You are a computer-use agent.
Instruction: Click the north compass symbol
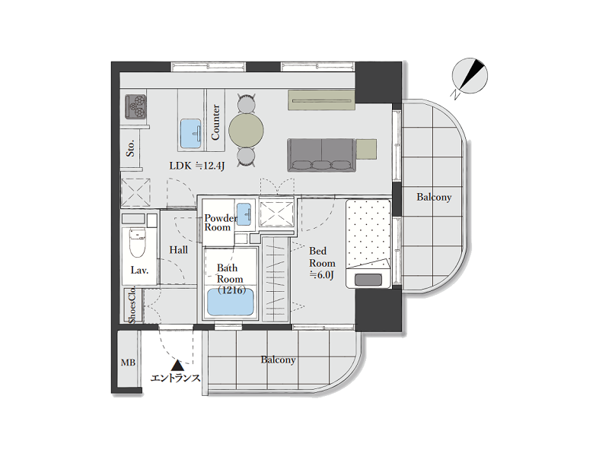470,77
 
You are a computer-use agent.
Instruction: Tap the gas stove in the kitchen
135,106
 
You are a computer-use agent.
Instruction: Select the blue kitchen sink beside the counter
191,134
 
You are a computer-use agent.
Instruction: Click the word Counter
215,122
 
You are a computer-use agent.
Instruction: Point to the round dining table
247,131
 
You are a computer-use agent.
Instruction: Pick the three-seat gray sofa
322,155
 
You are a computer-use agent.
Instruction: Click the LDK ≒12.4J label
197,166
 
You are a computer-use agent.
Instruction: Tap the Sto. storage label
130,148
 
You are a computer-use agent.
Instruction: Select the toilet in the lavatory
138,243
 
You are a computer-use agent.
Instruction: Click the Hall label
178,250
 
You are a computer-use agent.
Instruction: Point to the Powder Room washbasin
244,214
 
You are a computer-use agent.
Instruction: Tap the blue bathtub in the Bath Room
230,301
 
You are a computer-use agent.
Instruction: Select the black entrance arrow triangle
177,366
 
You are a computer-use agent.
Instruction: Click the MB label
129,363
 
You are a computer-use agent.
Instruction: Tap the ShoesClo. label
132,306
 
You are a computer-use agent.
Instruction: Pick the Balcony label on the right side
434,197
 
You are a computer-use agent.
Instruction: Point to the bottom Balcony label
278,359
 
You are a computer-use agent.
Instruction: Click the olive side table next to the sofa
367,149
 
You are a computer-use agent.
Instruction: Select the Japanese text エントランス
175,378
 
